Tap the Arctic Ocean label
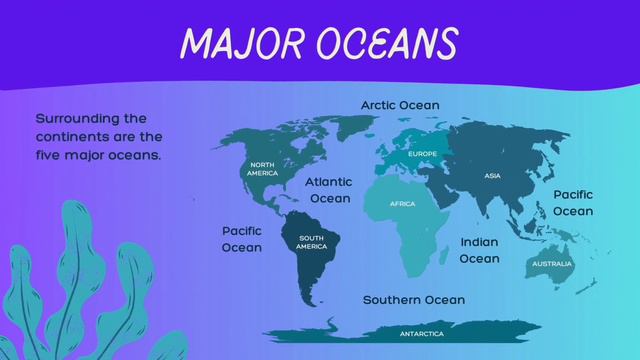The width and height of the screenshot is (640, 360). pyautogui.click(x=400, y=105)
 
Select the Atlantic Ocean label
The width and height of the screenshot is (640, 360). pyautogui.click(x=329, y=190)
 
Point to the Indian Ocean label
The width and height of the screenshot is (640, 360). pyautogui.click(x=479, y=250)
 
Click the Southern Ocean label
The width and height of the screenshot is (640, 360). pyautogui.click(x=413, y=300)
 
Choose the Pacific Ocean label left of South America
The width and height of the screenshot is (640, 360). pyautogui.click(x=242, y=239)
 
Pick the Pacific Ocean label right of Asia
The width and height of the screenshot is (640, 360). pyautogui.click(x=573, y=202)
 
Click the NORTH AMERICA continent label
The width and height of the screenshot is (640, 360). pyautogui.click(x=263, y=169)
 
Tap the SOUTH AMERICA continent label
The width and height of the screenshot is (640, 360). pyautogui.click(x=311, y=241)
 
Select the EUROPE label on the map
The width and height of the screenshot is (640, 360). pyautogui.click(x=422, y=154)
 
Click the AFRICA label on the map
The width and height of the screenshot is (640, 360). pyautogui.click(x=402, y=204)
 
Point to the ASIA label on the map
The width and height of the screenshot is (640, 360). pyautogui.click(x=492, y=176)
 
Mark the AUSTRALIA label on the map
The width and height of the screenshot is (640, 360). pyautogui.click(x=551, y=264)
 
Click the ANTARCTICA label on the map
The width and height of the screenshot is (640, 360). pyautogui.click(x=422, y=333)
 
